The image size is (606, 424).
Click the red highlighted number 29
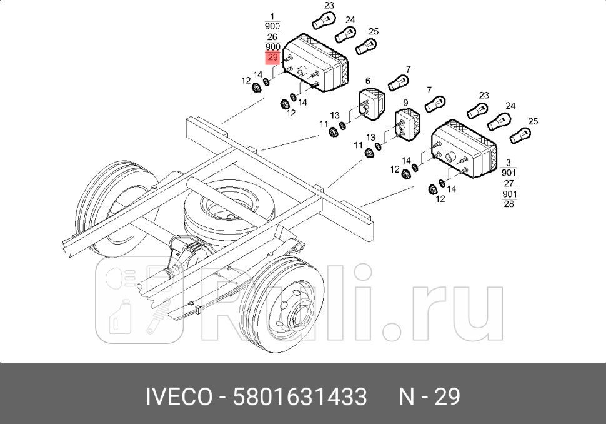point(272,58)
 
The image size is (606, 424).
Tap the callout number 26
point(272,37)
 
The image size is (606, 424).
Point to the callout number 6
point(368,81)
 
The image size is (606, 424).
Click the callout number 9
point(405,102)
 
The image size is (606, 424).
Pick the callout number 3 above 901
point(509,163)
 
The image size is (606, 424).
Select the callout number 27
point(509,183)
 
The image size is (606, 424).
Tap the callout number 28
point(509,204)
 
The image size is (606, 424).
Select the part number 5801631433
point(300,396)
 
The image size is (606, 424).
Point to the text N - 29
point(430,396)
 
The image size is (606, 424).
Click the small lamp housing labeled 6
point(373,104)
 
